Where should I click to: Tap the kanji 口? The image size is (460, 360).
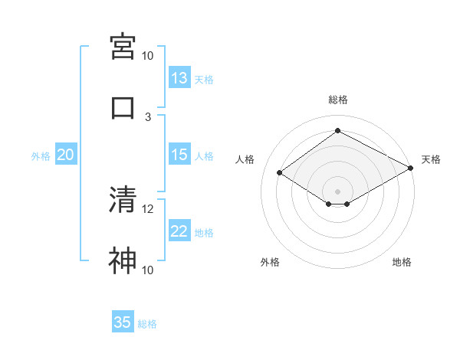(x=123, y=107)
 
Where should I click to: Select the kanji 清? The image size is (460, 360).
(x=123, y=199)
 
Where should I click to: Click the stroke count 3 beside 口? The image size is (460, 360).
(x=148, y=116)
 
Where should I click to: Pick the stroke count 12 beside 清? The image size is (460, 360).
(x=148, y=208)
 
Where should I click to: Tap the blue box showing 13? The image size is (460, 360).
(x=179, y=78)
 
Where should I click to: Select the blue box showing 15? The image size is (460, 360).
(x=179, y=155)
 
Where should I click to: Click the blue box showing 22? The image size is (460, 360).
(x=179, y=231)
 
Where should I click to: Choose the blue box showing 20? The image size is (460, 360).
(x=66, y=155)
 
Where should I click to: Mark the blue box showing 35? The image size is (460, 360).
(x=123, y=322)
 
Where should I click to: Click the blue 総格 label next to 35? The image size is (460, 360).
(x=148, y=324)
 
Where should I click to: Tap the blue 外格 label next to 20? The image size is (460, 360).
(x=41, y=156)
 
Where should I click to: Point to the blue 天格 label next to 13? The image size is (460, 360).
(x=204, y=80)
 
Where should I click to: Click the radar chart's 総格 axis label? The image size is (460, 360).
(x=338, y=100)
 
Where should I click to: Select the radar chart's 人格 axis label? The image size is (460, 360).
(x=245, y=159)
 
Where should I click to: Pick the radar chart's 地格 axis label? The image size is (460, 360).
(x=402, y=263)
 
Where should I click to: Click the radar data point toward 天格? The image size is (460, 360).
(x=412, y=169)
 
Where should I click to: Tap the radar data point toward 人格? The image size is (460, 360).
(x=280, y=173)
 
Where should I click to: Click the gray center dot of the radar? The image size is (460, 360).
(x=338, y=190)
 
